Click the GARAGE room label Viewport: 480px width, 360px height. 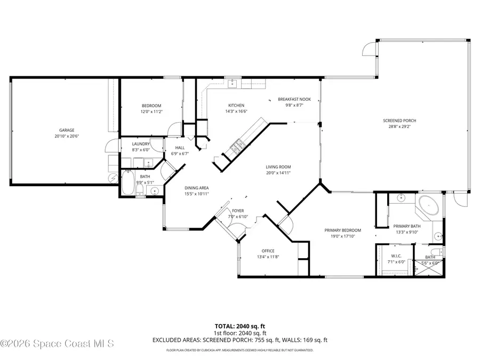pos(67,130)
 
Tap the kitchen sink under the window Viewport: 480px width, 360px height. pos(233,84)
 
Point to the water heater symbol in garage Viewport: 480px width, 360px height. pos(113,178)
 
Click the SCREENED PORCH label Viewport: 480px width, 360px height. pos(399,121)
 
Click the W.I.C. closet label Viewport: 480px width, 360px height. pos(396,256)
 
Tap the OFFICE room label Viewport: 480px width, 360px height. pos(268,251)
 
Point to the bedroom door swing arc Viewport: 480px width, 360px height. pos(173,130)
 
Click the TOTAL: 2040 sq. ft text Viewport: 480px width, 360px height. pos(239,325)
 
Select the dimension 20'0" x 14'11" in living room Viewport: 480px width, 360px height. pos(278,173)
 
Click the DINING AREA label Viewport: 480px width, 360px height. pos(196,188)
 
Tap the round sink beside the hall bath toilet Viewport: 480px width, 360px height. pos(155,190)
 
